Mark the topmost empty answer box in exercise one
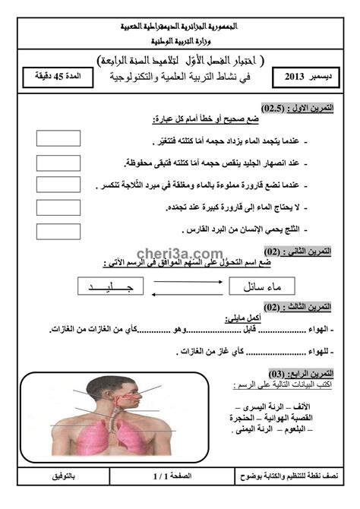point(58,138)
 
